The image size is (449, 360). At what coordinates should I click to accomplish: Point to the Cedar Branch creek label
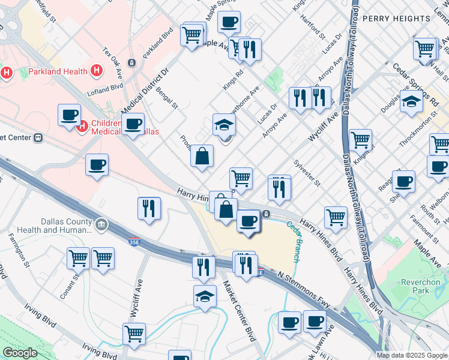[295, 242]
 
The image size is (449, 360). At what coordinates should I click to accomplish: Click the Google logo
[20, 353]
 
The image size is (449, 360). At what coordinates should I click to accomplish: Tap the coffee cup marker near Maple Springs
[229, 23]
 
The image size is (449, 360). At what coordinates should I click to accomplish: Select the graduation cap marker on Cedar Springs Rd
[412, 102]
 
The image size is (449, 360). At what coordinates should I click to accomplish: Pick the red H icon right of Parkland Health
[96, 72]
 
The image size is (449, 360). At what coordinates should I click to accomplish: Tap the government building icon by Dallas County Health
[101, 225]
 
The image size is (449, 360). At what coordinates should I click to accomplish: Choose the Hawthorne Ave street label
[246, 98]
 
